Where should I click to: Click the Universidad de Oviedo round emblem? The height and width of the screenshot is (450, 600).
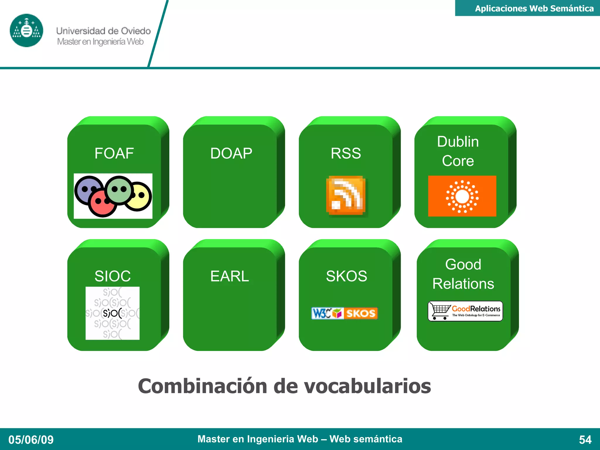coord(26,30)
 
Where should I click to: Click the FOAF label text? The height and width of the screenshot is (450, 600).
coord(114,153)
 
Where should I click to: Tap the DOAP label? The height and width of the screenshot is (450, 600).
coord(231,153)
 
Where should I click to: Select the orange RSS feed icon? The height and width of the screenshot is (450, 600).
coord(346,195)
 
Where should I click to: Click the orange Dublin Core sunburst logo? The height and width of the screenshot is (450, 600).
coord(462,196)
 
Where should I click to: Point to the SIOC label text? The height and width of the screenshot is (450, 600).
coord(112,276)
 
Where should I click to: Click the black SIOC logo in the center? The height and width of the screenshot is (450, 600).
coord(112,313)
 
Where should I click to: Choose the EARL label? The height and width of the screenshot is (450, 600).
coord(229,276)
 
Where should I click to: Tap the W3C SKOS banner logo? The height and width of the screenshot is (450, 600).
coord(345,313)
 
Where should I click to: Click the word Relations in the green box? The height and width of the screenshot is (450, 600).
coord(463,284)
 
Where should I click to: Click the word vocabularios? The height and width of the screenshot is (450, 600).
coord(367,386)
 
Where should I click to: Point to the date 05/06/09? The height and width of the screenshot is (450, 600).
coord(31,440)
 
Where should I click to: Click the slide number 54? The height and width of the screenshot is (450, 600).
coord(585,440)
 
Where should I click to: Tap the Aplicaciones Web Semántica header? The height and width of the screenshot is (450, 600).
coord(534,8)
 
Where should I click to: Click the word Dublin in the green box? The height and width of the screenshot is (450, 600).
coord(458,142)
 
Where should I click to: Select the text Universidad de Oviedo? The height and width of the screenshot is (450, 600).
coord(103,31)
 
